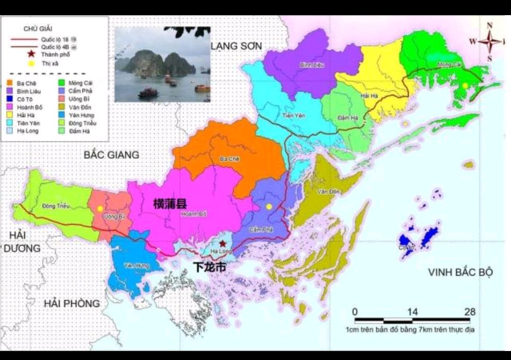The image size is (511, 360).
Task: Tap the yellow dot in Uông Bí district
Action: coord(100,208)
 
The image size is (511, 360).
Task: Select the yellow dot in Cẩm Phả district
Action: coord(269,206)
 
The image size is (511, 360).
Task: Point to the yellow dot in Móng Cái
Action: coord(465,85)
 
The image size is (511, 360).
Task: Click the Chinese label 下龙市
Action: coord(210,268)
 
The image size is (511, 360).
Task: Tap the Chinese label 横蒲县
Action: coord(170,204)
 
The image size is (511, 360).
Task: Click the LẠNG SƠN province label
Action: coord(236,45)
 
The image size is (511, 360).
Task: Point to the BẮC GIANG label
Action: coord(112,155)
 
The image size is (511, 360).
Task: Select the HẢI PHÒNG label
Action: coord(72,303)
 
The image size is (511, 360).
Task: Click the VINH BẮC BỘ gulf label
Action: coord(460,272)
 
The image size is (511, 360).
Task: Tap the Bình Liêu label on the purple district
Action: coord(312,65)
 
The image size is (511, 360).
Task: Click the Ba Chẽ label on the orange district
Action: coord(229,159)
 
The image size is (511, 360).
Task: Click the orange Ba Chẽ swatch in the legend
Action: coord(9,82)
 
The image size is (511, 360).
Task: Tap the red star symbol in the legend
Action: coord(31,55)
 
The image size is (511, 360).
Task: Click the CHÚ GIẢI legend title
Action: coord(37,28)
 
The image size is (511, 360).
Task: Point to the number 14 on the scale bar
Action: coord(413,312)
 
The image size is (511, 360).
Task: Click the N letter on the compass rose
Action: coord(490,26)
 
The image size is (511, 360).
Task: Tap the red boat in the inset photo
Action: coord(148,92)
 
